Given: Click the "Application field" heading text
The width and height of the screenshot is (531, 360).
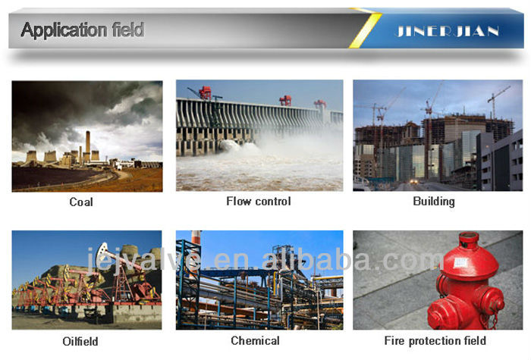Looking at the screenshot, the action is [x=83, y=30].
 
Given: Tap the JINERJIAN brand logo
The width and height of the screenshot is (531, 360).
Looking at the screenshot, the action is [x=448, y=31].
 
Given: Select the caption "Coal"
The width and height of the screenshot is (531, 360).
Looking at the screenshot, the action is [x=81, y=202].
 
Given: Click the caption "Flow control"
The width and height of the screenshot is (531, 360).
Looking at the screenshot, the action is [x=259, y=202].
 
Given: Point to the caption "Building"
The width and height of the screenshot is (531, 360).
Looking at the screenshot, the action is [x=434, y=202].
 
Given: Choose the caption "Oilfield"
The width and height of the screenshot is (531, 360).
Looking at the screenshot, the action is [x=80, y=341].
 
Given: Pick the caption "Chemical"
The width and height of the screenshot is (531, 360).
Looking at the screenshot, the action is [x=255, y=340].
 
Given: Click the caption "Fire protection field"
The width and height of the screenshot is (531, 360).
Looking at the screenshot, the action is [x=435, y=340].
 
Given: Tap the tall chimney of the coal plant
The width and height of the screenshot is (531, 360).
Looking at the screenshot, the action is [x=88, y=146].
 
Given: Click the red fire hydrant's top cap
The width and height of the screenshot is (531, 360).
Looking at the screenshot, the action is [x=468, y=236].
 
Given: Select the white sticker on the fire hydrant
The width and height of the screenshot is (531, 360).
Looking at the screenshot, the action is [x=461, y=262].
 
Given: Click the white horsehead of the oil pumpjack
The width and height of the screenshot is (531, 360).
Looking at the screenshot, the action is [x=101, y=251].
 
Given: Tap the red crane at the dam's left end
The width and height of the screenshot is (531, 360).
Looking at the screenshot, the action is [x=205, y=92].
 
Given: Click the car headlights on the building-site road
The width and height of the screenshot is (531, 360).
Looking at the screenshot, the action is [x=414, y=181].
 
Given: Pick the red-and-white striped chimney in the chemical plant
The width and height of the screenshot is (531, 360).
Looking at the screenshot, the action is [x=196, y=237].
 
